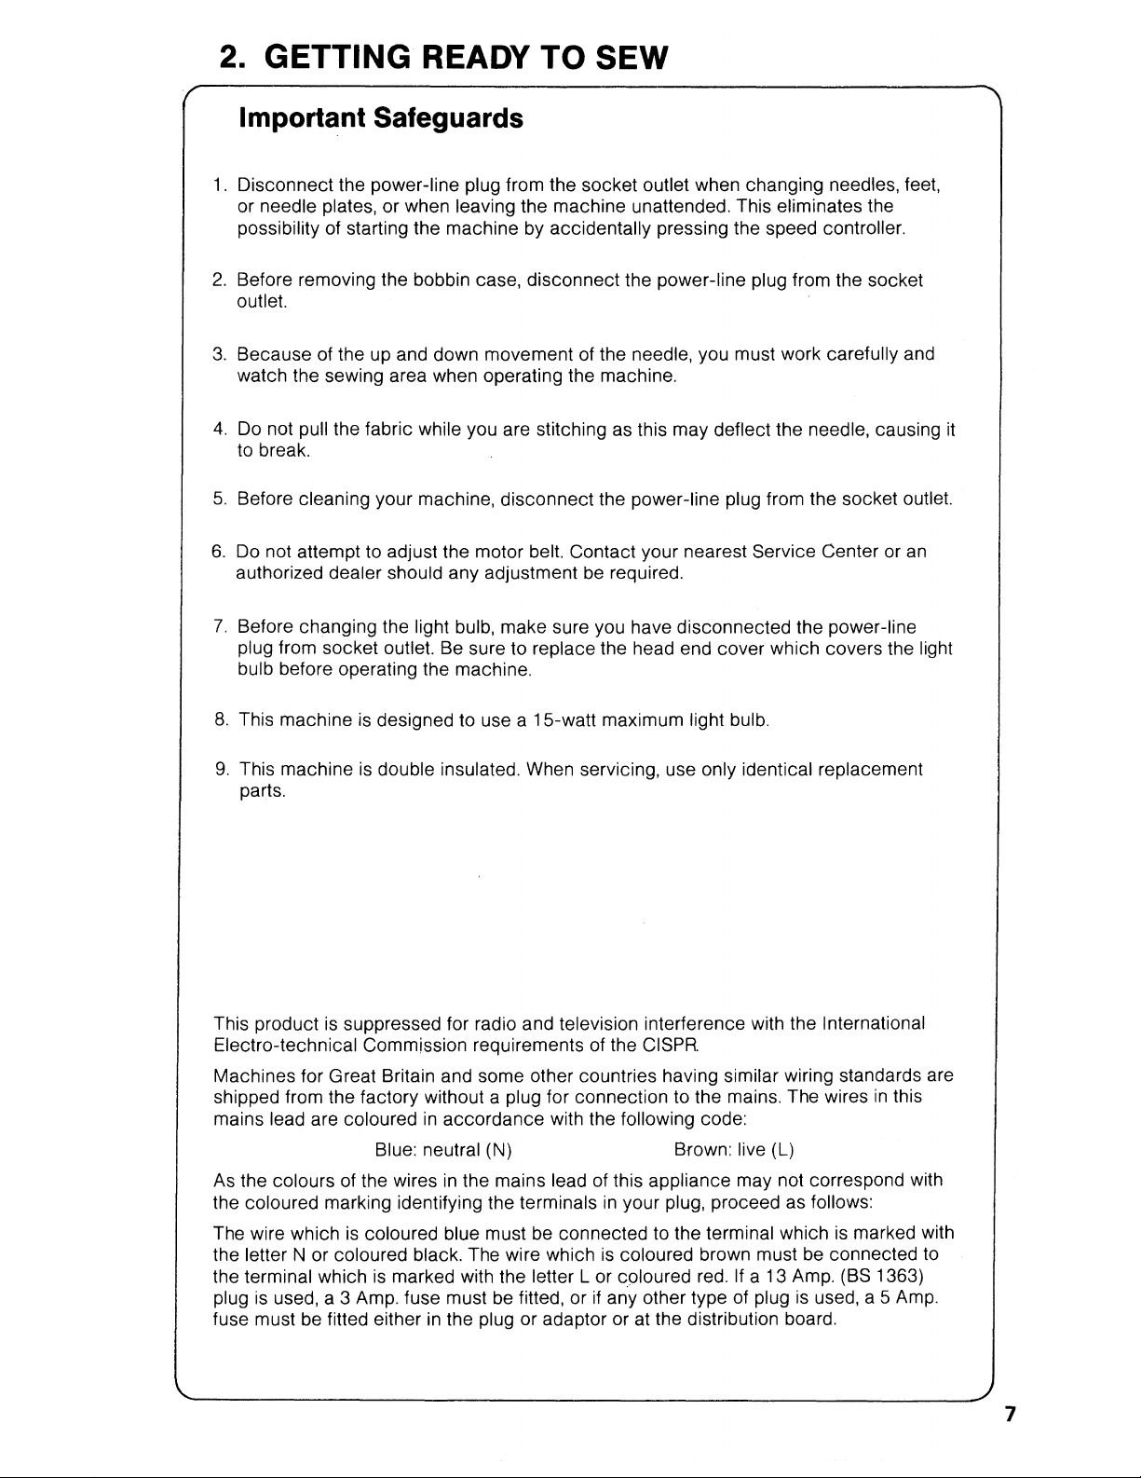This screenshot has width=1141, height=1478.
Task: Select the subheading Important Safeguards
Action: coord(381,118)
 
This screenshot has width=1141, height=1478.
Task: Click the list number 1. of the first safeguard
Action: coord(221,185)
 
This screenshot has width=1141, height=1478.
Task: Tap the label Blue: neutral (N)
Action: coord(442,1149)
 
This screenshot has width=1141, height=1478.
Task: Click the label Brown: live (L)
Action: coord(733,1149)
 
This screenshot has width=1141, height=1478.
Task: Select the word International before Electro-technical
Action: coord(873,1023)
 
